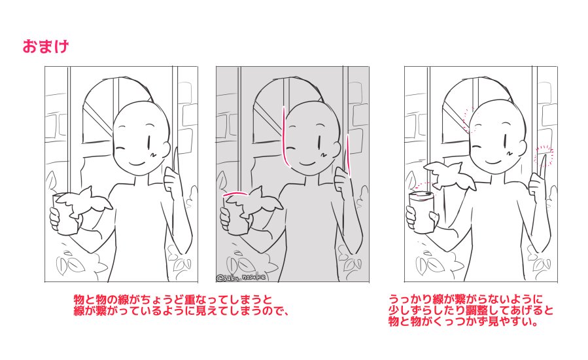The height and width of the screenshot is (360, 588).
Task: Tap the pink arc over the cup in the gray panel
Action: click(x=233, y=194)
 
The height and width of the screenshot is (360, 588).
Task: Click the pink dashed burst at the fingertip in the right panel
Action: click(x=543, y=156)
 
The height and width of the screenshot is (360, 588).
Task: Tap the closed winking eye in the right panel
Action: click(x=484, y=146)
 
